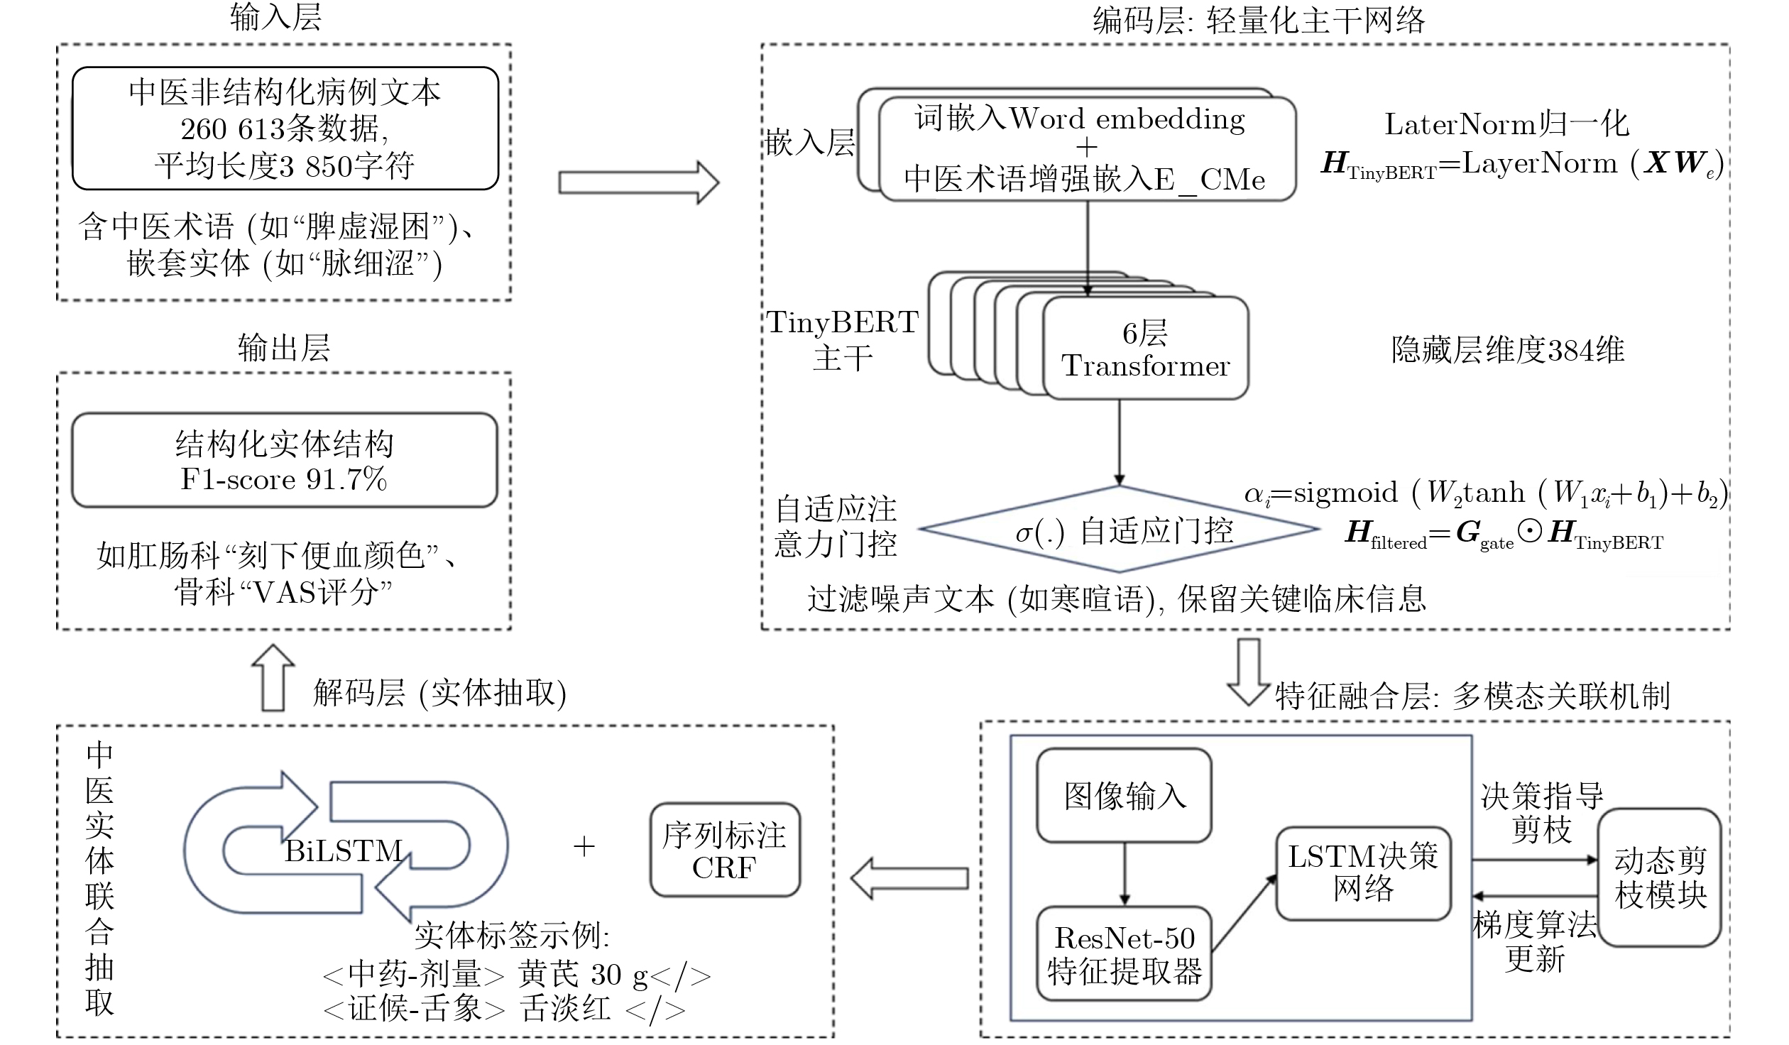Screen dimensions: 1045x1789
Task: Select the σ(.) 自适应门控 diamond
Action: (x=1120, y=530)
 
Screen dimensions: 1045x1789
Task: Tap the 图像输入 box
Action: (x=1124, y=795)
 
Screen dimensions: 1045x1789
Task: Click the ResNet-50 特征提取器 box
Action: (x=1124, y=953)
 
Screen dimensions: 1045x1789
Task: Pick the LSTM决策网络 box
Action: (x=1363, y=873)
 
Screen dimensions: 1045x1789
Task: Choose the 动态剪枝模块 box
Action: (x=1660, y=877)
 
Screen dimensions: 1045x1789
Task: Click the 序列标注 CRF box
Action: (x=725, y=850)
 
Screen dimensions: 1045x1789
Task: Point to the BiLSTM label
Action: (x=344, y=850)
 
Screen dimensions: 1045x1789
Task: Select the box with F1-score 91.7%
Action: (x=284, y=460)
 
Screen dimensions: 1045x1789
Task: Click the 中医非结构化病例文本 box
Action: (x=285, y=128)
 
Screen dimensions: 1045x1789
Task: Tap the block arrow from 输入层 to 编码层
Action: (x=638, y=182)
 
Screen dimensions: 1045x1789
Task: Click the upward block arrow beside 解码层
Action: (x=273, y=678)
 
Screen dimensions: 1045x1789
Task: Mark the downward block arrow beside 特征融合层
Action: (x=1249, y=671)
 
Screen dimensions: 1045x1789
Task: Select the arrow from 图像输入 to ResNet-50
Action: (x=1124, y=874)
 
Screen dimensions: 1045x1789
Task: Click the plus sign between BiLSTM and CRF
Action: (x=584, y=846)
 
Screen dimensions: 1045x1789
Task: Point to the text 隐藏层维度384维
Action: (x=1508, y=350)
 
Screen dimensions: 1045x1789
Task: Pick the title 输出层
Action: (x=284, y=349)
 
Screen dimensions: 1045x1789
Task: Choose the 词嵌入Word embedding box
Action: (x=1087, y=148)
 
